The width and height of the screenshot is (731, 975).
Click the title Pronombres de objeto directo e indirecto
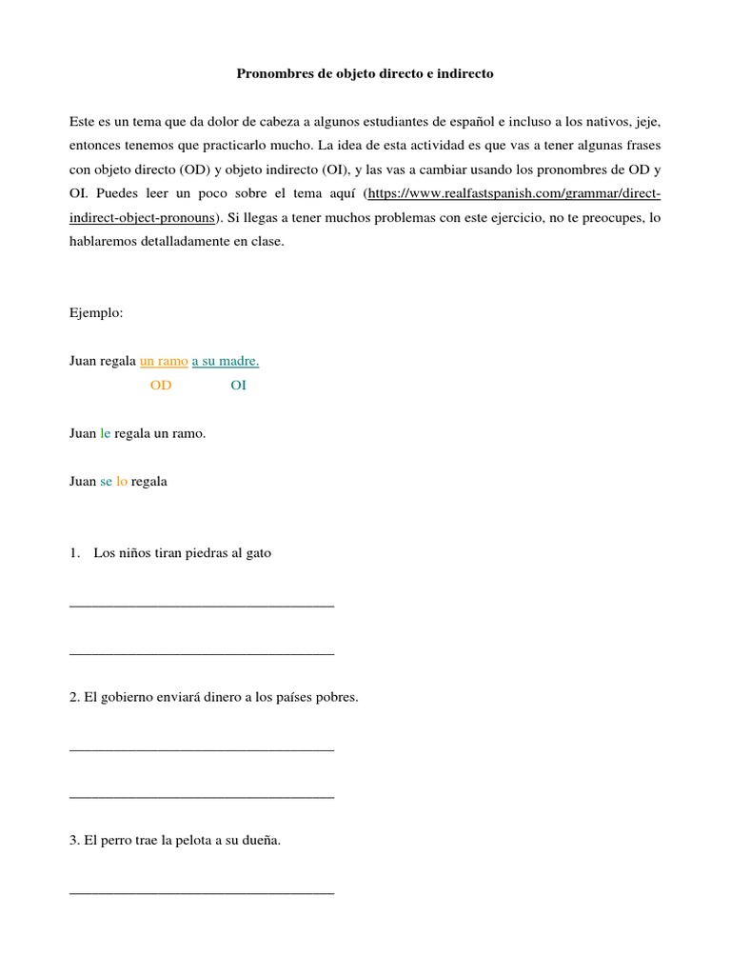click(365, 72)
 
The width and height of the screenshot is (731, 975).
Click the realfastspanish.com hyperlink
click(514, 193)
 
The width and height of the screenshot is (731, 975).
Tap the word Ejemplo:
click(96, 312)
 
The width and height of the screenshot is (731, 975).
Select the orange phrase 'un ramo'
click(164, 361)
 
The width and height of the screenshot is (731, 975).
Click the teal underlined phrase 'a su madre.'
click(226, 361)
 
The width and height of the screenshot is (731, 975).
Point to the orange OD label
click(161, 386)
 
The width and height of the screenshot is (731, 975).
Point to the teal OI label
click(238, 386)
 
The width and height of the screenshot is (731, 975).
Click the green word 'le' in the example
click(105, 433)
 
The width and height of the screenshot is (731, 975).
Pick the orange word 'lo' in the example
click(121, 481)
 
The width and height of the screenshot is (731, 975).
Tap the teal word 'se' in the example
click(106, 481)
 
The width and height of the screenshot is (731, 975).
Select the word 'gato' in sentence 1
click(257, 553)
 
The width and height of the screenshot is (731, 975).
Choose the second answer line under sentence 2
click(202, 796)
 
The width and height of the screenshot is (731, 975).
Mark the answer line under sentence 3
click(202, 892)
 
